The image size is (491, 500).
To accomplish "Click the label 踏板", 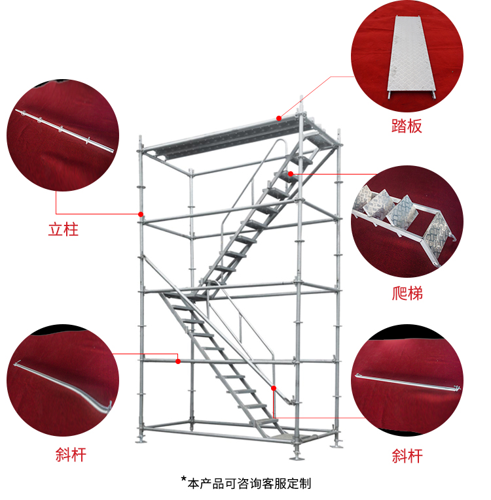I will pyautogui.click(x=407, y=126).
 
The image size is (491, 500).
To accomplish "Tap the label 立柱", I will pyautogui.click(x=64, y=230).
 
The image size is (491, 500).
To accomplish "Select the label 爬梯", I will pyautogui.click(x=407, y=293).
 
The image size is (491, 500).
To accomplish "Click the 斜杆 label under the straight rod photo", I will pyautogui.click(x=407, y=455).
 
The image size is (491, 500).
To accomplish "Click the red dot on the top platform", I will pyautogui.click(x=279, y=118).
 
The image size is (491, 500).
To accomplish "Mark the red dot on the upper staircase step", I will pyautogui.click(x=290, y=173).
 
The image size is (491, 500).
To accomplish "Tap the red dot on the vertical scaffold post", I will pyautogui.click(x=140, y=214).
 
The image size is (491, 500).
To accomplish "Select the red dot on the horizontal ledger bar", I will pyautogui.click(x=177, y=360).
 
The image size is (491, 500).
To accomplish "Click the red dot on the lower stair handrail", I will pyautogui.click(x=274, y=388).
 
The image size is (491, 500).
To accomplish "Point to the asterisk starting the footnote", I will pyautogui.click(x=184, y=480).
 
